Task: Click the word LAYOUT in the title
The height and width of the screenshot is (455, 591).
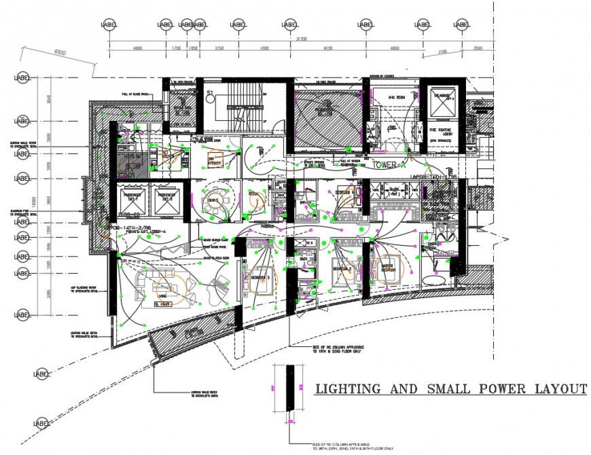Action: (556, 389)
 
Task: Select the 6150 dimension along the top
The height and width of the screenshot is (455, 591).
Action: (328, 49)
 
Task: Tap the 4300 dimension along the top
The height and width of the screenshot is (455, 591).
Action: (264, 49)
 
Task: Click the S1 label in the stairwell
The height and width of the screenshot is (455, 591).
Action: (210, 92)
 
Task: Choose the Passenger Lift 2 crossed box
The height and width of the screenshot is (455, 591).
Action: (166, 202)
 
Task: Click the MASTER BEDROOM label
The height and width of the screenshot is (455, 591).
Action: (388, 267)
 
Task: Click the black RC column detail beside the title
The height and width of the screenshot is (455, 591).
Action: (290, 388)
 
